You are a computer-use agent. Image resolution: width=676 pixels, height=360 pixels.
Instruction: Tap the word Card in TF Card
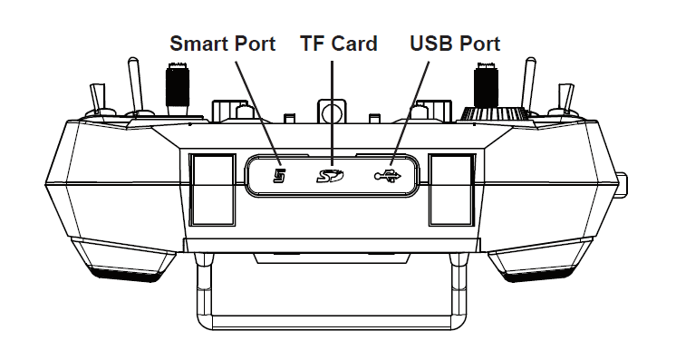(353, 44)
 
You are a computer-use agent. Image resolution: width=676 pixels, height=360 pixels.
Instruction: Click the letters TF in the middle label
(314, 44)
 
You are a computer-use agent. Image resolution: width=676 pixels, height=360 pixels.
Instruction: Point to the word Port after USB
(479, 44)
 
